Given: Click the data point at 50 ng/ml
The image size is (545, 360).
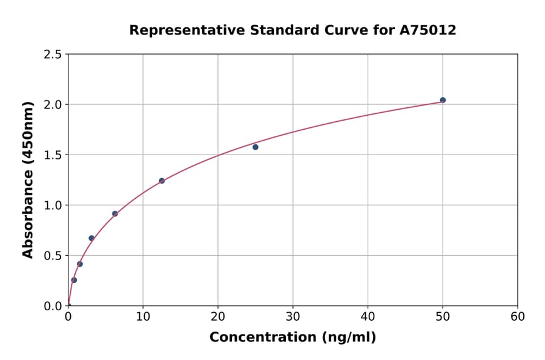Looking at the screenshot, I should point(443,100).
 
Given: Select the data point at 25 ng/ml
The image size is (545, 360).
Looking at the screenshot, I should point(256,147).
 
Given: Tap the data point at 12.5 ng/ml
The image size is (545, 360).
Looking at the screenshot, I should point(162,181).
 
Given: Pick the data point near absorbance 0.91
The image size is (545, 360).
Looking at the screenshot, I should point(115,213).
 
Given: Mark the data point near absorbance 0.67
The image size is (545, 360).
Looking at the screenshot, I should point(91,238).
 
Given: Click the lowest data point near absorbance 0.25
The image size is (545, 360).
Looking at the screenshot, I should point(74,280).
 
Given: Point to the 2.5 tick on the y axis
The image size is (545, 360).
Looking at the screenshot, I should point(52,55).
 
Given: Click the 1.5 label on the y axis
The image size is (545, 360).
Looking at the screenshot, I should point(52,155).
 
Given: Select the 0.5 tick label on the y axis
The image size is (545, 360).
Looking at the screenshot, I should point(52,256).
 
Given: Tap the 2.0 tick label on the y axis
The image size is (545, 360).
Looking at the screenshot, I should point(52,105).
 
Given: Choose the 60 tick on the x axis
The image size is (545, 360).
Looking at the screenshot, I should point(518,316).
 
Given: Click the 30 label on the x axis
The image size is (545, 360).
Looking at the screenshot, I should point(293,316).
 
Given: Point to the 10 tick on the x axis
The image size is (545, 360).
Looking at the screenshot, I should point(143,316).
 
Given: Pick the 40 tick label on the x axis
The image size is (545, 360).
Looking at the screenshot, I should point(368,316).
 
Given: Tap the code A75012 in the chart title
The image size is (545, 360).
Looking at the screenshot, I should point(428,30).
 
